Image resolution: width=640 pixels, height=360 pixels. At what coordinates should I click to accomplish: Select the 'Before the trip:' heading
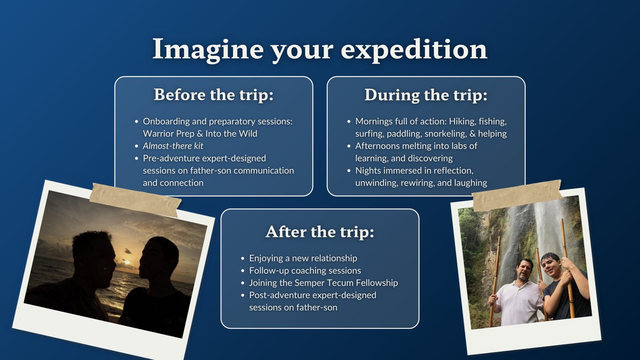click(214, 94)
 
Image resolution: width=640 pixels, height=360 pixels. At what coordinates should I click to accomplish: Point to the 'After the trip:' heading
click(320, 232)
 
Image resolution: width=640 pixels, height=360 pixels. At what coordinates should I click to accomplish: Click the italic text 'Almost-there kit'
click(173, 146)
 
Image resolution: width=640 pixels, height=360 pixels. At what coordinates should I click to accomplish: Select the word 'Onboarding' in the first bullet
click(166, 122)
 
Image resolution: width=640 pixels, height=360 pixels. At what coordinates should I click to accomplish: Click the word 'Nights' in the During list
click(368, 171)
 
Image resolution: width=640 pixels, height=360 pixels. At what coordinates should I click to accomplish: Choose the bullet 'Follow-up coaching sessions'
click(305, 270)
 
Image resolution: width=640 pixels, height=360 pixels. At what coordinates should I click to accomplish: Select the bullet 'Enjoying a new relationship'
click(303, 258)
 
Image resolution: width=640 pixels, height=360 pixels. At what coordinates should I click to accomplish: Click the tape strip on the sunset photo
click(135, 200)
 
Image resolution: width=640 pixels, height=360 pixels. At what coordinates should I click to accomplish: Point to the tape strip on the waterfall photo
click(516, 196)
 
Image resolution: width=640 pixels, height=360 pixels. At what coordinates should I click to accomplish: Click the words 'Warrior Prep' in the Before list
click(168, 134)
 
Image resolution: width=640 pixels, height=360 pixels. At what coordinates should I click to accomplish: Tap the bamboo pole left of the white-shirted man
click(495, 282)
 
